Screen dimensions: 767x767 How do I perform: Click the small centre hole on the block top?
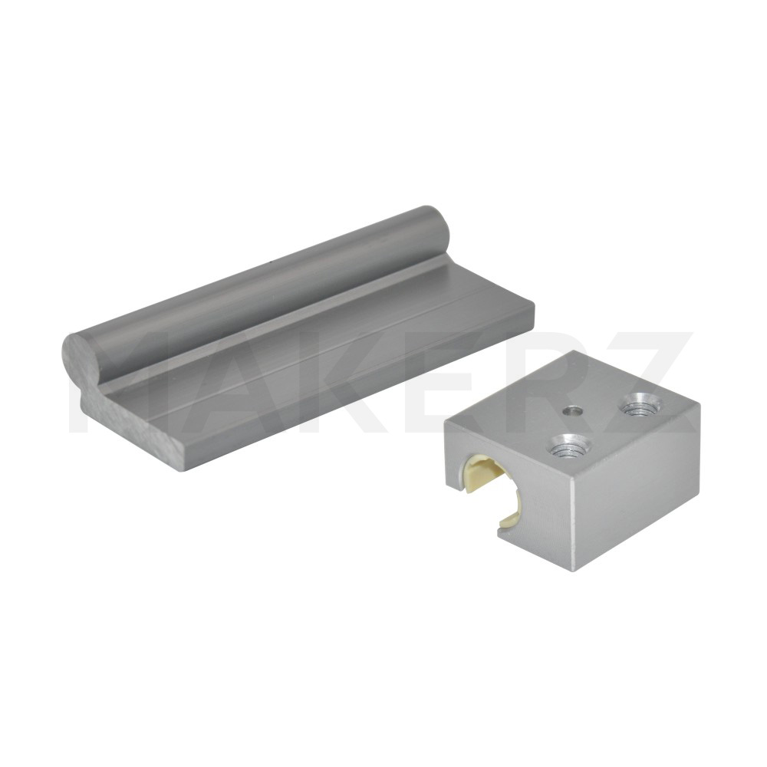[571, 412]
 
